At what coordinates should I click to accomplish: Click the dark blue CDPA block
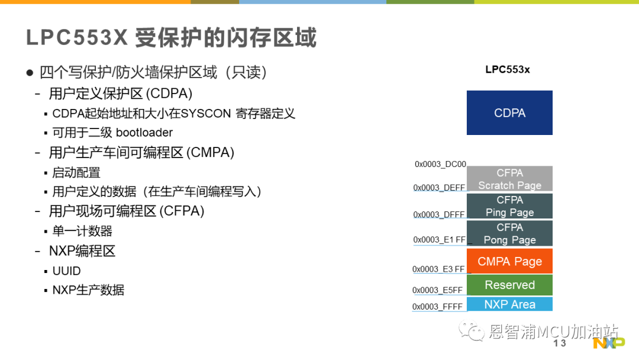point(509,112)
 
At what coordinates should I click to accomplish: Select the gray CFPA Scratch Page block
point(509,179)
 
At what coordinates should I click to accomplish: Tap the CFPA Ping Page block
point(509,206)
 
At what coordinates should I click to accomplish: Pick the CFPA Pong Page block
point(509,233)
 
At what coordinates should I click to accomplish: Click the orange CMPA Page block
point(509,261)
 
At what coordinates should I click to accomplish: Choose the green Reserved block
point(509,285)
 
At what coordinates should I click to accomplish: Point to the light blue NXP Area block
point(509,304)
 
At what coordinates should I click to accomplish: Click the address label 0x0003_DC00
point(440,164)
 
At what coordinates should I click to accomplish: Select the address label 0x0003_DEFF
point(439,188)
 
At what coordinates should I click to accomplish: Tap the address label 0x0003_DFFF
point(439,214)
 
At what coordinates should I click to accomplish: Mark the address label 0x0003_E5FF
point(437,290)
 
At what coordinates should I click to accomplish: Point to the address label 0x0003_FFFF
point(437,307)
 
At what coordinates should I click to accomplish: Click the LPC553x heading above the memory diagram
point(508,69)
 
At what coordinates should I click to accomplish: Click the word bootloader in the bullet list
point(144,133)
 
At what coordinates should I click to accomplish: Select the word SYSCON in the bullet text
point(206,113)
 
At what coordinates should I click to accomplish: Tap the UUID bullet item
point(66,271)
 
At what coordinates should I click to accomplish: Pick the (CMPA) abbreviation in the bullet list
point(210,153)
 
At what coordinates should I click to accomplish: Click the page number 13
point(560,343)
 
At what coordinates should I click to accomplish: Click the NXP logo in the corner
point(609,343)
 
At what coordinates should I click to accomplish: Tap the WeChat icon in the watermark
point(472,330)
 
